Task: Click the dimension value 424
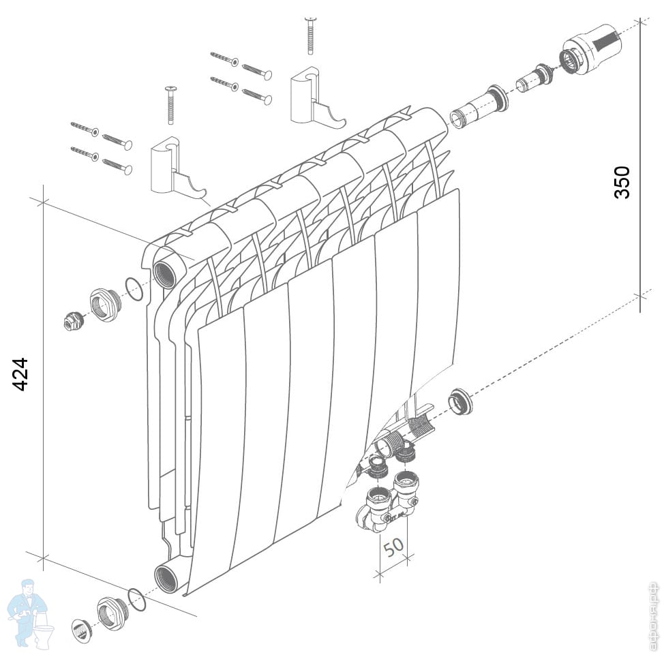point(21,374)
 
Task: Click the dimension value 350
point(622,181)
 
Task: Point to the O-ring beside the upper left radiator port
point(135,289)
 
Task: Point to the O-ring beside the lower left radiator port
point(137,600)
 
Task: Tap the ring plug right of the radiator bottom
point(460,401)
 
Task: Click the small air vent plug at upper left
point(72,321)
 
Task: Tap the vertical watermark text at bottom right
point(652,617)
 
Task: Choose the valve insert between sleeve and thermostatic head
point(533,78)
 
